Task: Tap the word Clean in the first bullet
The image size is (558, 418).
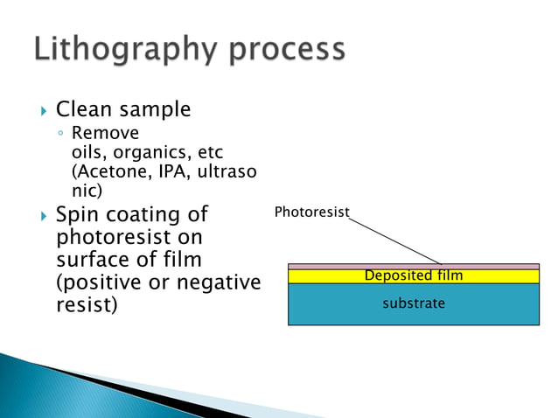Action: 83,109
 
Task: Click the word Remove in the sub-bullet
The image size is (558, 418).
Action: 104,134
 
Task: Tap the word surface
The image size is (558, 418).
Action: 91,261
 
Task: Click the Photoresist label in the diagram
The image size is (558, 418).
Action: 311,212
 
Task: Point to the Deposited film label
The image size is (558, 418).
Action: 413,276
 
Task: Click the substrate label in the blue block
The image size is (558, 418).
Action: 414,303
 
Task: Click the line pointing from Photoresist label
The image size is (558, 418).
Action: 395,238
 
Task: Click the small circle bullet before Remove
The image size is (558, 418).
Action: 60,135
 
